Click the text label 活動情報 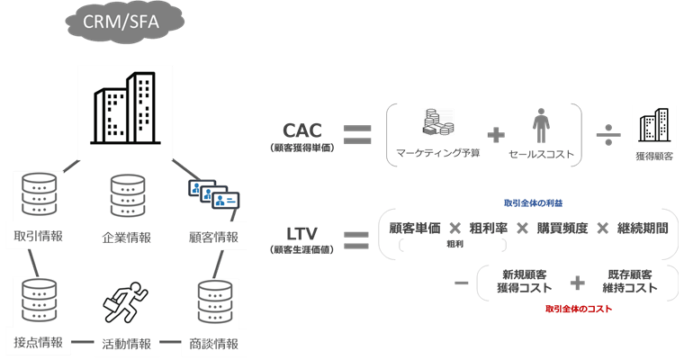[126, 344]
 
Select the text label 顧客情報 [214, 238]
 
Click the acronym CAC [302, 130]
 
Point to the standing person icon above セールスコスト [541, 124]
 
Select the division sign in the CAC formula [606, 135]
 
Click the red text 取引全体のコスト [577, 309]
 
